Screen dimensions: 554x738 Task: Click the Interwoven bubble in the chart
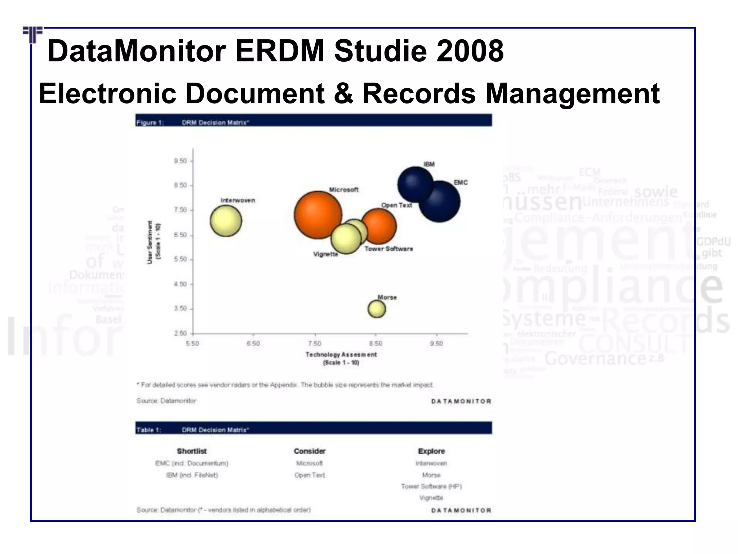226,221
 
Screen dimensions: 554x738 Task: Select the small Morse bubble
377,309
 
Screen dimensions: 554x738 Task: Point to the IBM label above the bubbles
429,164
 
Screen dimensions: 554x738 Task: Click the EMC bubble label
461,183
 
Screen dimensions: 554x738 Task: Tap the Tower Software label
388,249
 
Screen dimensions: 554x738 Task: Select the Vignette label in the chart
326,254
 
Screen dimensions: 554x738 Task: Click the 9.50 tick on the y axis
181,161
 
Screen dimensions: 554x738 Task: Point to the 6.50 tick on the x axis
253,343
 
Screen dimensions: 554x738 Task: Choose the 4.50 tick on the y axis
181,284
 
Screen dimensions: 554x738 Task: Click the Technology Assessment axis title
341,355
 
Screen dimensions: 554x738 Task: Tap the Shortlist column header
192,451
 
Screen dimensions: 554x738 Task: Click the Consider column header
310,451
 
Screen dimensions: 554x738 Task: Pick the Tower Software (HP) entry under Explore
431,487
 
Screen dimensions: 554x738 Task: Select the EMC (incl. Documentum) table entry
192,463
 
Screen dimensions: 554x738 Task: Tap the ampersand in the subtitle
343,93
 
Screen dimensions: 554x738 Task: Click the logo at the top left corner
33,34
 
